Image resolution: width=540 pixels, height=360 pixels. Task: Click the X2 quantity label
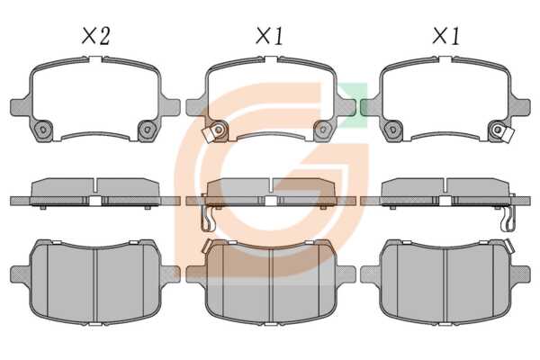95,36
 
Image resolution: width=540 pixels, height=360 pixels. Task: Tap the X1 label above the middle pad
270,36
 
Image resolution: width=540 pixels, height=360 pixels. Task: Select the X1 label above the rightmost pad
446,36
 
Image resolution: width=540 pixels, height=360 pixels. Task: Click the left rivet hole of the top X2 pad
43,130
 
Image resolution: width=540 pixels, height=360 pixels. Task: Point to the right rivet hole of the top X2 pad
148,130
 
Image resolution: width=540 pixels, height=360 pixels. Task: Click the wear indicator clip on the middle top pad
208,135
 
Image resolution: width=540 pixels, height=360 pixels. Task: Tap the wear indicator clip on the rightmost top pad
508,135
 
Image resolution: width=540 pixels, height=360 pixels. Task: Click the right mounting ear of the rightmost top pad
520,107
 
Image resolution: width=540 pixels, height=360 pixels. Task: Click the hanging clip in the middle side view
207,218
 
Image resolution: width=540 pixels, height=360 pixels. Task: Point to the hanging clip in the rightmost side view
508,218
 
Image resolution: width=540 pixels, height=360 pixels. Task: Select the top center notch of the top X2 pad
95,60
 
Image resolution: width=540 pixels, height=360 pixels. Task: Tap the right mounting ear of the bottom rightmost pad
520,274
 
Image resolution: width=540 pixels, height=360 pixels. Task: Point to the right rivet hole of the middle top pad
323,130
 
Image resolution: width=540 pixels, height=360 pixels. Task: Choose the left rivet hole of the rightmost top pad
392,130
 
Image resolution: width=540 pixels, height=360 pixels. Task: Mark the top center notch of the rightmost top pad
445,60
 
